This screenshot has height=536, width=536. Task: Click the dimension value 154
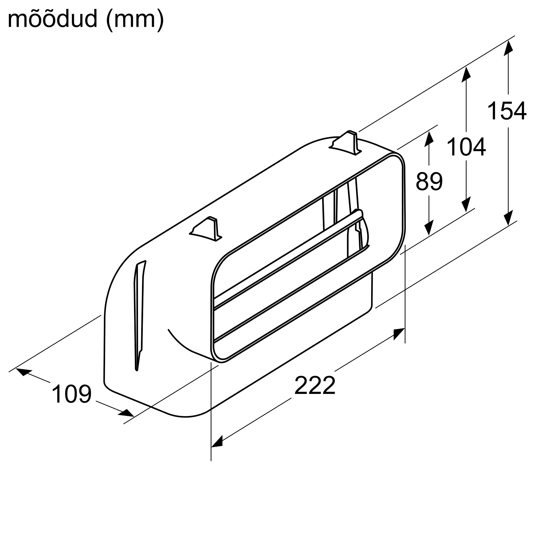tap(507, 111)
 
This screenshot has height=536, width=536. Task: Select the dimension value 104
tap(466, 147)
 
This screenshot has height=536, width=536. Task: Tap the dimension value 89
tap(429, 182)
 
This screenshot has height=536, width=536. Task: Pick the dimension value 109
tap(72, 394)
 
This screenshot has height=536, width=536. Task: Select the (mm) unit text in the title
tap(135, 19)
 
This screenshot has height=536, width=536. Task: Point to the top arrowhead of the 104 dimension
tap(466, 74)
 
